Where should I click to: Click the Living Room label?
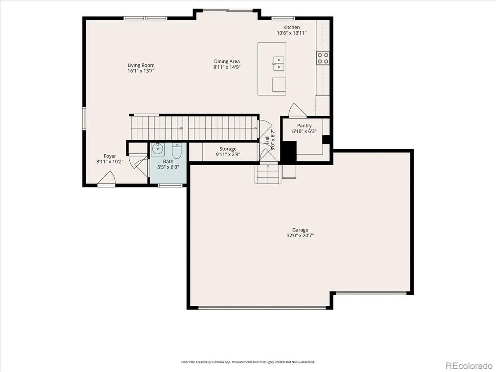[x=141, y=65]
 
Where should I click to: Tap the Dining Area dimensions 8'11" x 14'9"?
[x=227, y=67]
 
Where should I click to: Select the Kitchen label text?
[x=291, y=28]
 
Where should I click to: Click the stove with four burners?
[x=323, y=58]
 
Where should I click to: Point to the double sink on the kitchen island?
[x=279, y=64]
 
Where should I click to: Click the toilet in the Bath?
[x=176, y=150]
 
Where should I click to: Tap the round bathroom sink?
[x=158, y=149]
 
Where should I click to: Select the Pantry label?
[x=304, y=126]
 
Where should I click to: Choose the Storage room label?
[x=228, y=149]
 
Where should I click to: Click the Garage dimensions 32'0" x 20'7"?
[x=300, y=236]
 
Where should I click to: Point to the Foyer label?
[x=110, y=156]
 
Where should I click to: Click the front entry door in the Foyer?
[x=107, y=178]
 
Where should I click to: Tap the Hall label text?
[x=267, y=140]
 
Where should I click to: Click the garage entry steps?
[x=268, y=174]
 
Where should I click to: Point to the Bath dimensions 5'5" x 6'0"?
[x=168, y=167]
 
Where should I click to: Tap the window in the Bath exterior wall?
[x=170, y=186]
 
